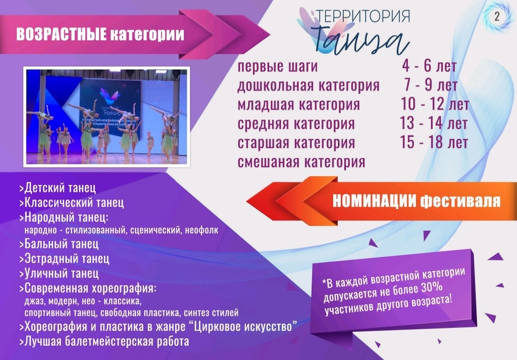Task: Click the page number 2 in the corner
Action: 497,16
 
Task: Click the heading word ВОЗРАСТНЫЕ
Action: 61,34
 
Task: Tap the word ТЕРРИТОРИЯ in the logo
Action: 363,16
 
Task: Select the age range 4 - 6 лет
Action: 429,66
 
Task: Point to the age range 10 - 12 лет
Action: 435,104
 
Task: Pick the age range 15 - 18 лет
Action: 434,142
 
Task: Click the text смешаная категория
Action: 302,162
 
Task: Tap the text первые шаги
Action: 278,67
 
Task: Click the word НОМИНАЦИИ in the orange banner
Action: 374,201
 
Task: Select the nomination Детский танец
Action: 58,188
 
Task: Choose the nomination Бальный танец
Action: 59,244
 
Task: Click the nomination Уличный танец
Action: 59,273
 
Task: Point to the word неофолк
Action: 202,230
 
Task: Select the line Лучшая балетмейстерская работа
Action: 104,341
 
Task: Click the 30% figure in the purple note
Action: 432,288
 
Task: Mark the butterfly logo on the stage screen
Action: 110,95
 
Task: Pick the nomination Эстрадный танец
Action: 64,259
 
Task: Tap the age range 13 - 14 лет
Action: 434,124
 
